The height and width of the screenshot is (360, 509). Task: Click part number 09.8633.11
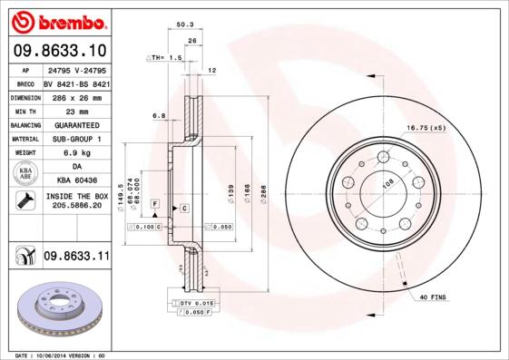[76, 258]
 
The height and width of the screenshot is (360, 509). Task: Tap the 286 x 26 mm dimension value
[76, 95]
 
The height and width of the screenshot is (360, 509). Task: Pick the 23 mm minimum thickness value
[76, 110]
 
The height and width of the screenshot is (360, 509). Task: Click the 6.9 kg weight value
[76, 153]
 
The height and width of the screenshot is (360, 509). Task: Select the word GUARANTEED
[76, 124]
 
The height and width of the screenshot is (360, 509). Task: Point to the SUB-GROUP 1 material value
[76, 139]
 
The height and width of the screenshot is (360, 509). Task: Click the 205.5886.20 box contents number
[76, 206]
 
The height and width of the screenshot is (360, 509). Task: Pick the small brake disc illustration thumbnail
[56, 309]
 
